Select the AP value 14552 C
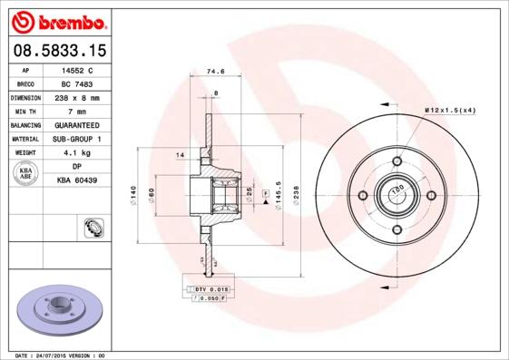click(x=76, y=69)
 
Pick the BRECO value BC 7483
click(x=76, y=83)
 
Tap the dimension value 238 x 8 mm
click(x=76, y=97)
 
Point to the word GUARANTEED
click(x=76, y=124)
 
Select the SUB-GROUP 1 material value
click(x=76, y=139)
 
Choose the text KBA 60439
click(x=76, y=180)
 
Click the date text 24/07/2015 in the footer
click(x=63, y=355)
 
